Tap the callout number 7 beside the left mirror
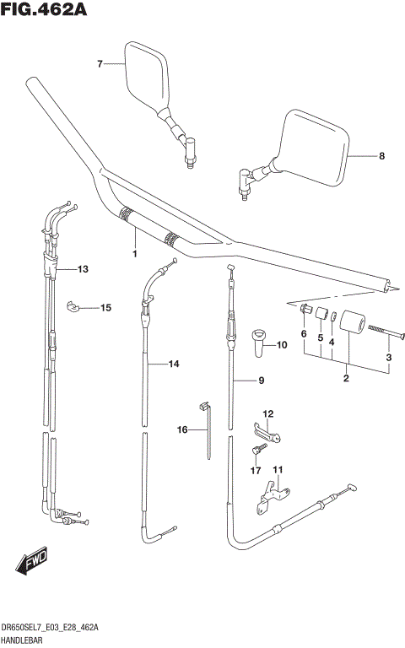click(100, 64)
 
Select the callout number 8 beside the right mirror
click(381, 156)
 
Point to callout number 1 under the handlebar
click(133, 252)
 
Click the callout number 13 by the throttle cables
click(83, 270)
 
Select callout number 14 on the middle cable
click(174, 364)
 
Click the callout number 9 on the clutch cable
click(262, 381)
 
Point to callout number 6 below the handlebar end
click(304, 334)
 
